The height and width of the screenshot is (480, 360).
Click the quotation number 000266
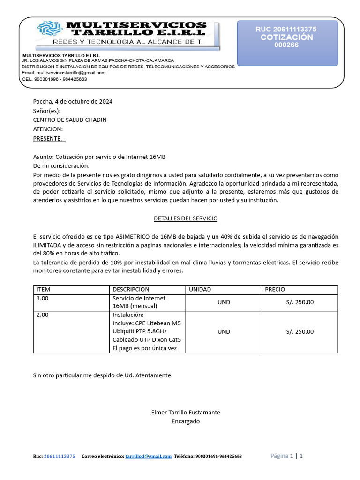286,45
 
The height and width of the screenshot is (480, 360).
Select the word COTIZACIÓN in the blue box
286,37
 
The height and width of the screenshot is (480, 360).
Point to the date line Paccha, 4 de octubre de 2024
73,101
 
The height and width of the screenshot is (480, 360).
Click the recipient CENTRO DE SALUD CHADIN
69,120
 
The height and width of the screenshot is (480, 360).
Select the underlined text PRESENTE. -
49,138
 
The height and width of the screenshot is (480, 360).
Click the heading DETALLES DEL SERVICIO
186,218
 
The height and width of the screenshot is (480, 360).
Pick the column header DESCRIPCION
131,290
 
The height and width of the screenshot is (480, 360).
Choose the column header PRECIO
275,290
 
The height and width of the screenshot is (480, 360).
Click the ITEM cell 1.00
42,298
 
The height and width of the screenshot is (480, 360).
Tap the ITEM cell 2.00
42,315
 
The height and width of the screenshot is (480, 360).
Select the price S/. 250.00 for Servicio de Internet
300,302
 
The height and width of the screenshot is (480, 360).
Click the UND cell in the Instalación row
224,332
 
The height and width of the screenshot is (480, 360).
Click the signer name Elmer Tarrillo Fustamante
186,412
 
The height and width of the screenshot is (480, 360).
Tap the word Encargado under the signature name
186,421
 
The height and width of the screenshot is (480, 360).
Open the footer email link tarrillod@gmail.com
149,456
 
